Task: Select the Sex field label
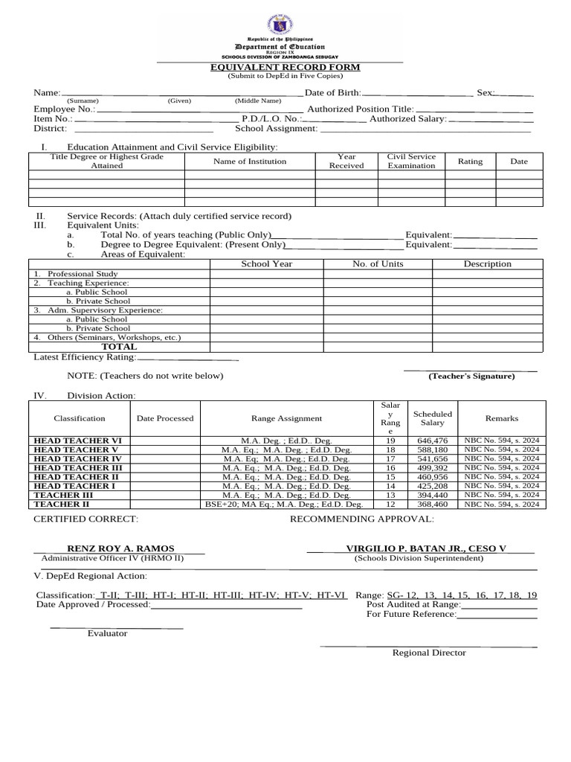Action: [x=485, y=93]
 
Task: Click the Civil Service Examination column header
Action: [x=411, y=161]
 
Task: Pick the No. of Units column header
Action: [x=378, y=264]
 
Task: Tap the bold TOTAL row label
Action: [x=119, y=347]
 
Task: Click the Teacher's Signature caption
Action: [x=471, y=377]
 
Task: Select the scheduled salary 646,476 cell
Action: [x=433, y=441]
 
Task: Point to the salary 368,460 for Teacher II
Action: [x=433, y=504]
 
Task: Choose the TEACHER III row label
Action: [x=63, y=495]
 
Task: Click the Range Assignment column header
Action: [x=286, y=419]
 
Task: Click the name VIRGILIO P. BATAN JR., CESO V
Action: [x=425, y=548]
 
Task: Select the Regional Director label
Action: [x=429, y=653]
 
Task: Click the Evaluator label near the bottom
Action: [x=107, y=633]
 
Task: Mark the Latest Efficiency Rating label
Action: [x=85, y=357]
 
